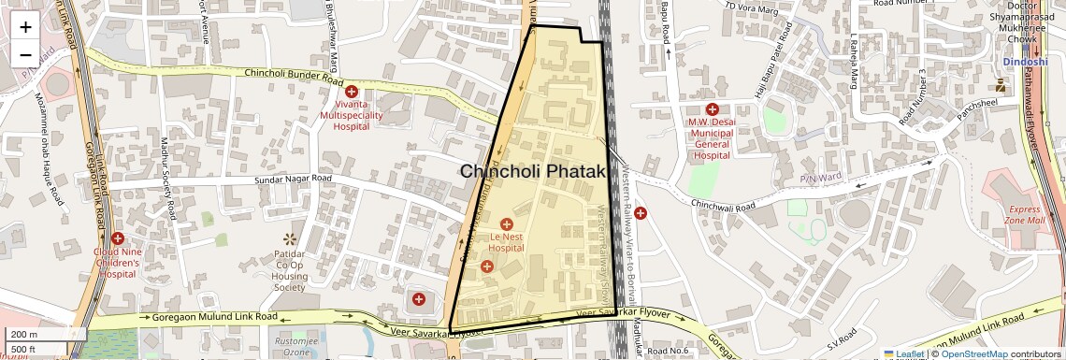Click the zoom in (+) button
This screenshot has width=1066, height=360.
pyautogui.click(x=25, y=26)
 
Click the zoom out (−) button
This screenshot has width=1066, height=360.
pyautogui.click(x=25, y=53)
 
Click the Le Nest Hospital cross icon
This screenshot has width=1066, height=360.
pyautogui.click(x=507, y=224)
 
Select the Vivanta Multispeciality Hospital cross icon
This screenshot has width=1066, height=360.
pyautogui.click(x=352, y=92)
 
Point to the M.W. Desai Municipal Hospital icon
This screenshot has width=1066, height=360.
pyautogui.click(x=712, y=109)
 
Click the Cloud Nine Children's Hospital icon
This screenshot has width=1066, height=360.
pyautogui.click(x=117, y=238)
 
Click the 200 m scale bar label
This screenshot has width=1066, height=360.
pyautogui.click(x=24, y=335)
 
